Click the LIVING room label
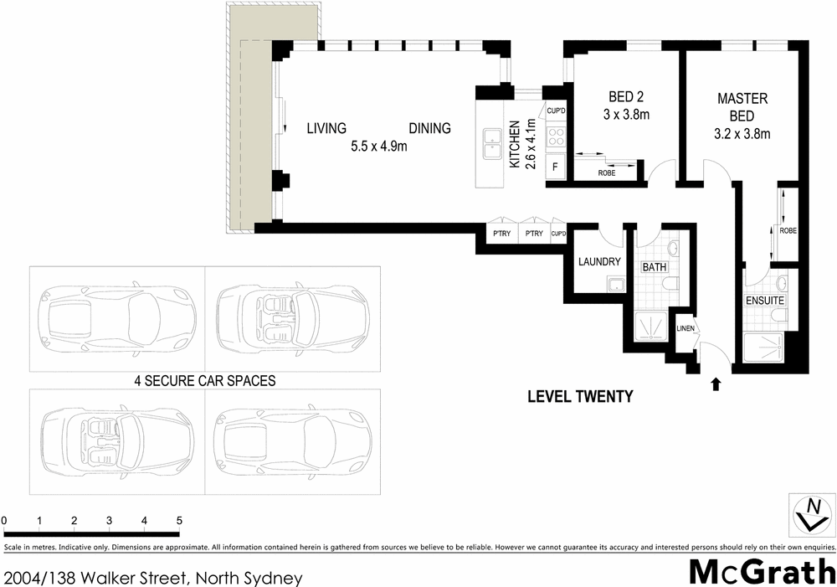point(326,128)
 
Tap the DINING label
point(429,128)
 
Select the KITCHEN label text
point(515,144)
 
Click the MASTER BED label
point(742,107)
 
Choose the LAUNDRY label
point(599,261)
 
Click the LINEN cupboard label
point(686,327)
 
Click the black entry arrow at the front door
point(716,384)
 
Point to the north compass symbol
point(812,512)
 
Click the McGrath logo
point(761,571)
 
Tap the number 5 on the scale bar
point(178,521)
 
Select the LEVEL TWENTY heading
point(580,397)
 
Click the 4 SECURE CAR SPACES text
point(205,379)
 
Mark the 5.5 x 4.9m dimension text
point(378,147)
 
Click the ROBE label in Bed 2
point(606,172)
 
